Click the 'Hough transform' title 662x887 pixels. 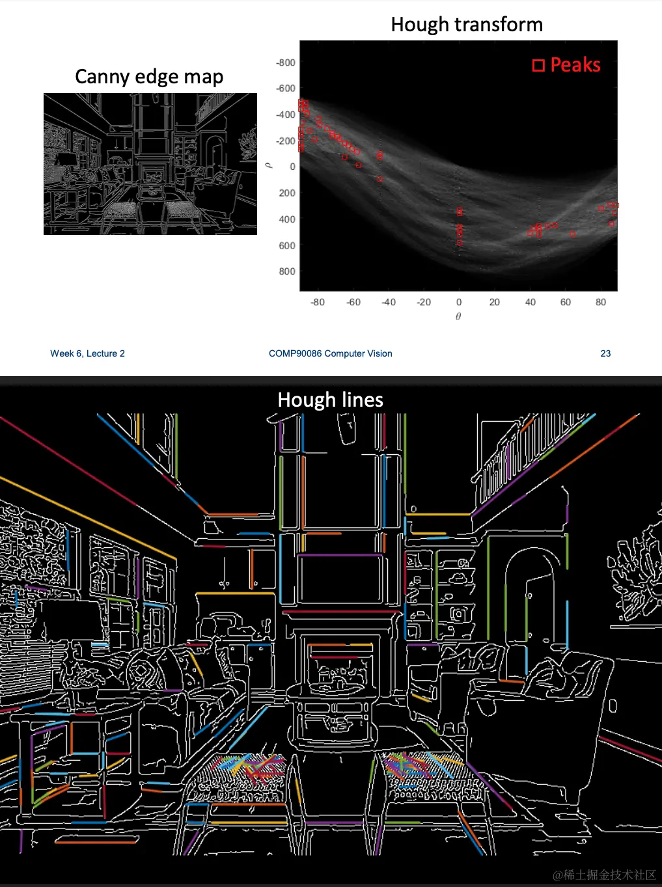466,24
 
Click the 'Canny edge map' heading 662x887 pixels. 149,77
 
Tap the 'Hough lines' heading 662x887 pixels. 330,400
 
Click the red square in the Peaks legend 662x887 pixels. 538,65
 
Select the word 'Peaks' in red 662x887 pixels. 575,64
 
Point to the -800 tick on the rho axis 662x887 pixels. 285,62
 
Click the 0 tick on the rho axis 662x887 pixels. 292,167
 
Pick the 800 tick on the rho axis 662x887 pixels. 287,271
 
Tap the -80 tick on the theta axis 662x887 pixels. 317,302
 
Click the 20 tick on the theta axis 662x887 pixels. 494,302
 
